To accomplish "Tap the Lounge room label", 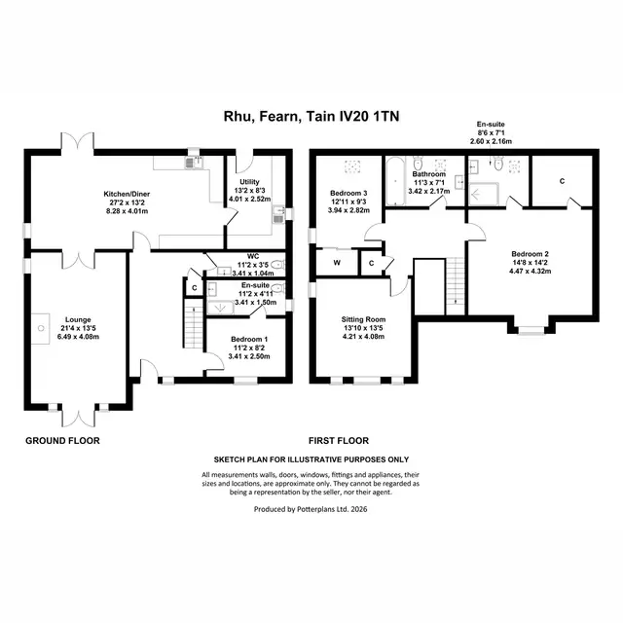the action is pyautogui.click(x=78, y=320).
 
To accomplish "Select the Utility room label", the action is pyautogui.click(x=249, y=182).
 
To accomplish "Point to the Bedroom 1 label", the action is pyautogui.click(x=249, y=340).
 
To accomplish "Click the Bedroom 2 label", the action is pyautogui.click(x=530, y=254).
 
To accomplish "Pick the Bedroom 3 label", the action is pyautogui.click(x=348, y=194).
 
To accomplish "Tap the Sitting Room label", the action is pyautogui.click(x=363, y=319).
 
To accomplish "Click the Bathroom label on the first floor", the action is pyautogui.click(x=428, y=174).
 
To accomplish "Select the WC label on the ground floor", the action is pyautogui.click(x=253, y=256).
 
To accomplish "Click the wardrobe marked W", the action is pyautogui.click(x=337, y=262).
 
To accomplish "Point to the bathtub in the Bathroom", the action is pyautogui.click(x=395, y=181).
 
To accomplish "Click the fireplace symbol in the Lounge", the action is pyautogui.click(x=41, y=329).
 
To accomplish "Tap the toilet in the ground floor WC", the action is pyautogui.click(x=279, y=264).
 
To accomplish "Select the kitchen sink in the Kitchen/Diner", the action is pyautogui.click(x=194, y=162).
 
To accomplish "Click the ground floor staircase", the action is pyautogui.click(x=194, y=324).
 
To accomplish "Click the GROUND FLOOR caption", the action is pyautogui.click(x=62, y=441).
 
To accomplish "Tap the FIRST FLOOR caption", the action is pyautogui.click(x=339, y=441).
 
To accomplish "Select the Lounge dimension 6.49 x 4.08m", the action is pyautogui.click(x=78, y=337).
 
